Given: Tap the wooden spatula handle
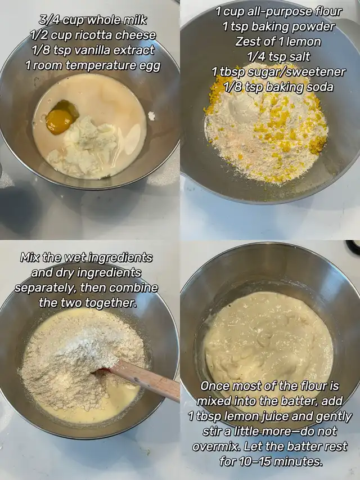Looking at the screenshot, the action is coord(144,380).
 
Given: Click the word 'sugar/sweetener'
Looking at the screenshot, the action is coord(296,72).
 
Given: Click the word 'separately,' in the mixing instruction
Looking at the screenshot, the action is coord(44,288).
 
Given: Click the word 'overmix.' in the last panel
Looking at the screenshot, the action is coord(216,446).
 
